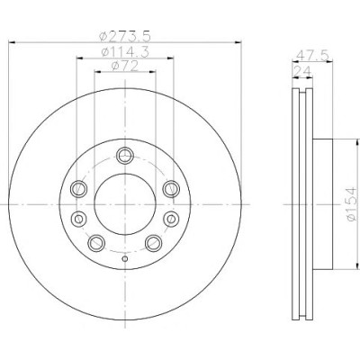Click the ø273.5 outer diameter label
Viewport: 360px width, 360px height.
point(124,37)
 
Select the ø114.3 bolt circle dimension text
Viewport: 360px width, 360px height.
point(125,52)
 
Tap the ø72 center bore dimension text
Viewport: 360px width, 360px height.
point(125,66)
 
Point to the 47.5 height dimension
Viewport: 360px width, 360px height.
point(313,56)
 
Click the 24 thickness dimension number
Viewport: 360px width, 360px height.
point(302,71)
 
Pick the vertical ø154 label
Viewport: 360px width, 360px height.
point(351,204)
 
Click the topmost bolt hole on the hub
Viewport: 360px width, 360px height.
point(125,156)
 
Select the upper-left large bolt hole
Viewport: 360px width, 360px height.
point(78,189)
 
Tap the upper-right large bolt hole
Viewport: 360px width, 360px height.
point(171,189)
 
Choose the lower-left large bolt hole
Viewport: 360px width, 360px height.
point(96,243)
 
